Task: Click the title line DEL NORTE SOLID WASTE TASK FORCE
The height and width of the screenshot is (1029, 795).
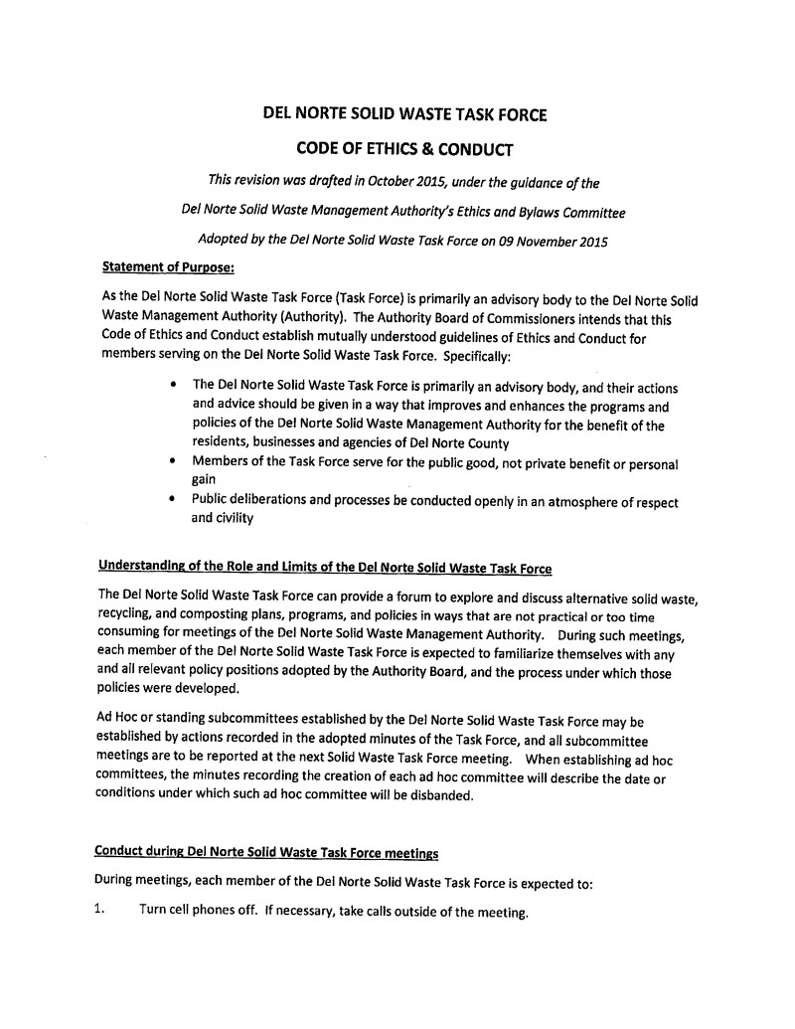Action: point(403,114)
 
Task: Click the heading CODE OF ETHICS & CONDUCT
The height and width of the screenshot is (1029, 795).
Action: point(404,149)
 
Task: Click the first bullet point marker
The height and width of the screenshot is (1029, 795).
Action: point(175,385)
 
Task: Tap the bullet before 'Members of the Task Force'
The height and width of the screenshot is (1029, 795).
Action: point(175,461)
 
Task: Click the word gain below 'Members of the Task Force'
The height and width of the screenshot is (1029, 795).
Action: point(205,480)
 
